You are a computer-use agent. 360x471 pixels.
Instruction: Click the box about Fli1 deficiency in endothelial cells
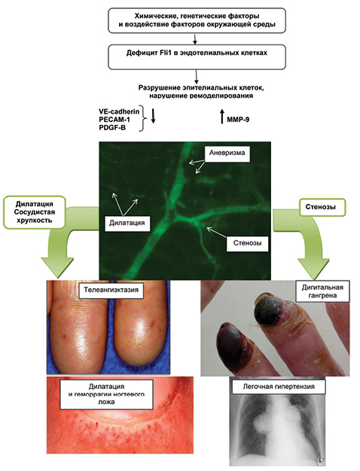(x=197, y=56)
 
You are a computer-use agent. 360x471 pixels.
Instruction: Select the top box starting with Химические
(x=197, y=20)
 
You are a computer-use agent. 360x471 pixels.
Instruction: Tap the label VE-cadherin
(x=119, y=111)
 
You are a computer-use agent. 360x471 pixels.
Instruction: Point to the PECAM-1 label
(x=114, y=120)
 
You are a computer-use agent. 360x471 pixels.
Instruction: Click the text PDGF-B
(x=112, y=128)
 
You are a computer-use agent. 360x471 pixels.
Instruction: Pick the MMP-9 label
(x=238, y=120)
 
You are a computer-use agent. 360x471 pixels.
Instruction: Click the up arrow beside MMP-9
(x=222, y=117)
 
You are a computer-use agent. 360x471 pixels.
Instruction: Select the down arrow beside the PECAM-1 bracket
(x=153, y=116)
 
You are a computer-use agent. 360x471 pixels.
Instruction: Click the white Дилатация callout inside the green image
(x=127, y=223)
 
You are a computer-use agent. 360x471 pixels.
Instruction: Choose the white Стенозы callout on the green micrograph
(x=247, y=242)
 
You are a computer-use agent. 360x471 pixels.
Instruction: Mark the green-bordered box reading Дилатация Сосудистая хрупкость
(x=35, y=212)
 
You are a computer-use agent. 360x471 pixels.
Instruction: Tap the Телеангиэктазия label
(x=111, y=290)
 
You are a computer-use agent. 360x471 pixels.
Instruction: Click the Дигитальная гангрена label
(x=322, y=291)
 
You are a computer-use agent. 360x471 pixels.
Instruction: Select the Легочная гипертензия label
(x=279, y=386)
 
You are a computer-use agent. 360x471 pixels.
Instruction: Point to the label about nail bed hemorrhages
(x=106, y=394)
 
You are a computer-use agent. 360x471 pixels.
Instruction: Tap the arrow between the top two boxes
(x=195, y=39)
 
